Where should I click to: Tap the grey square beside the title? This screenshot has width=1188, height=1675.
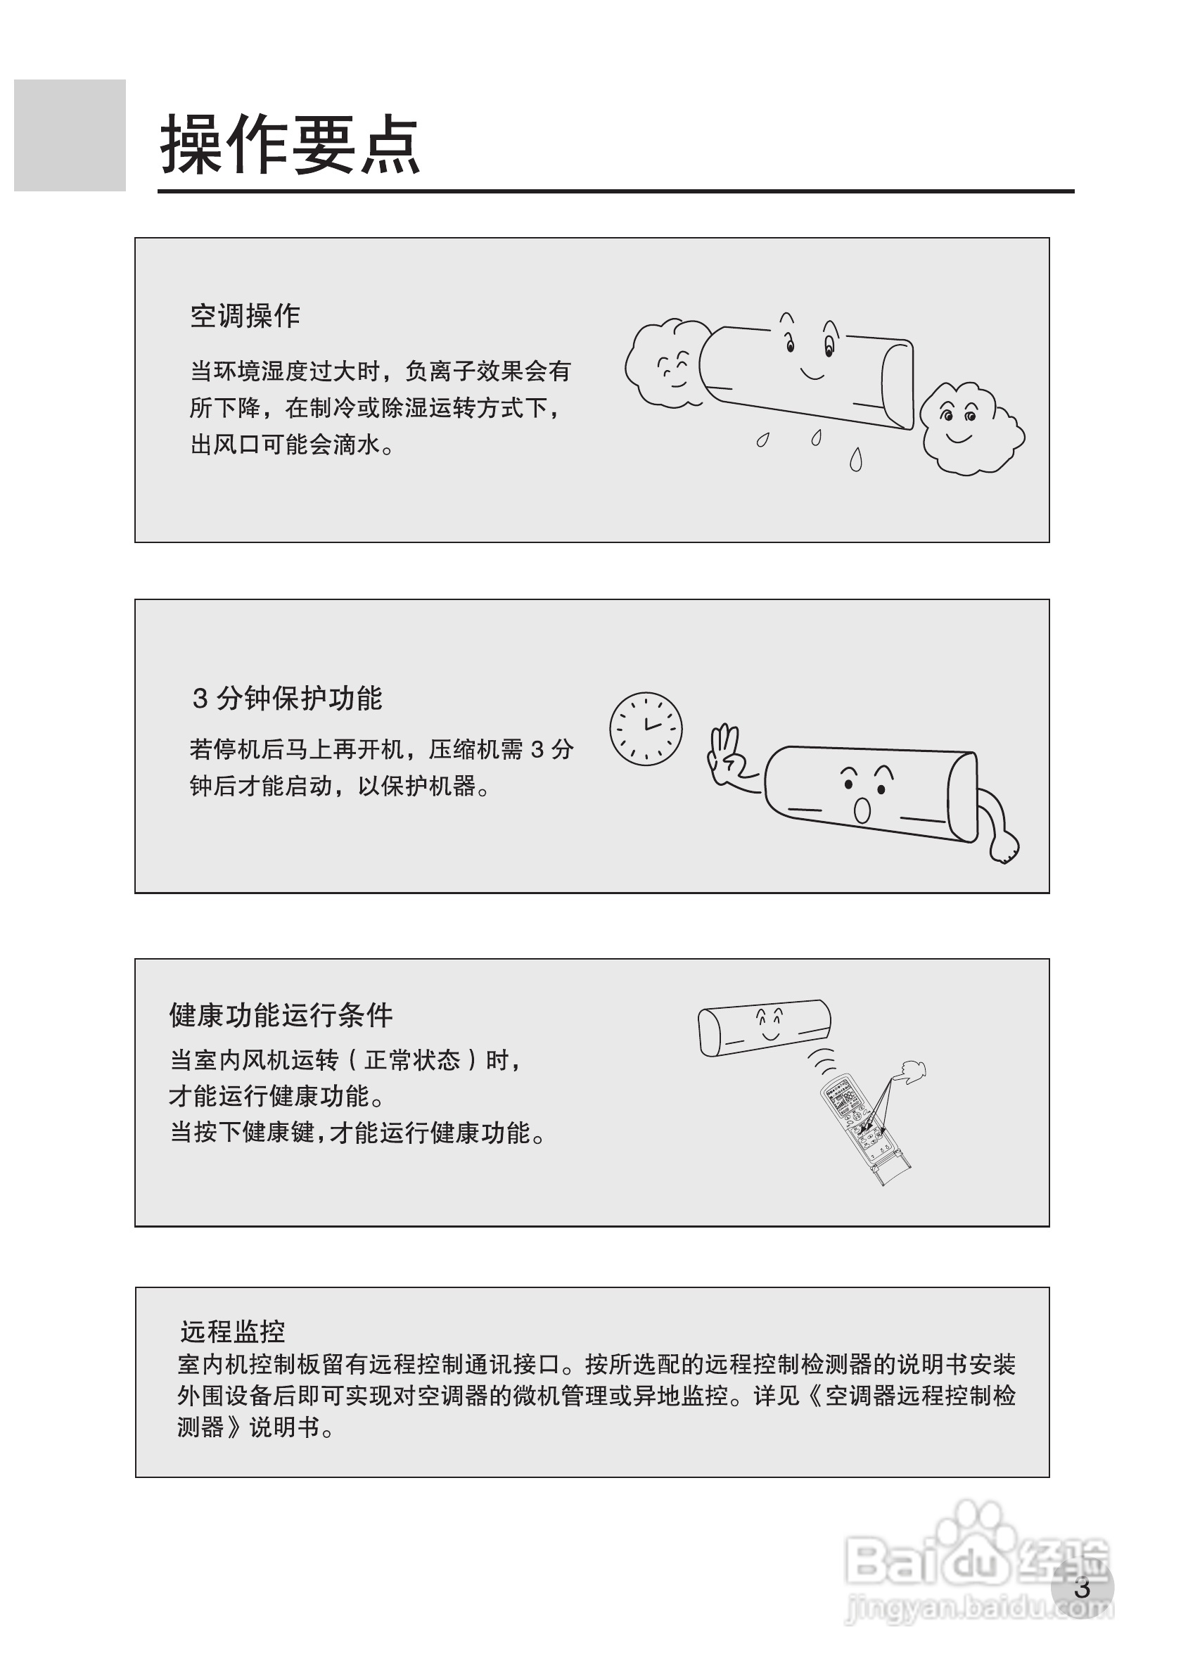click(70, 135)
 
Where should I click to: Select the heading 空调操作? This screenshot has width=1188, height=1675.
click(245, 316)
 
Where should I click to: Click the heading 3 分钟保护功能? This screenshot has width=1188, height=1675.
click(287, 698)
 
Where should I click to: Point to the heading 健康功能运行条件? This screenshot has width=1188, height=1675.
click(281, 1014)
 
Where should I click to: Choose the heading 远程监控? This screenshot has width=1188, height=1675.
click(232, 1330)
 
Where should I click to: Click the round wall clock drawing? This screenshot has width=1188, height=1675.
click(645, 729)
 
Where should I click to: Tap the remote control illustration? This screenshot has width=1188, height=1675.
click(863, 1126)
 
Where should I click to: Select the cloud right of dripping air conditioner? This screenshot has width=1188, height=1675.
click(967, 428)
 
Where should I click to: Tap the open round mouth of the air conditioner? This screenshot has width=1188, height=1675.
click(862, 810)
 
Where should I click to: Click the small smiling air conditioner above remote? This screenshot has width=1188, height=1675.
click(765, 1027)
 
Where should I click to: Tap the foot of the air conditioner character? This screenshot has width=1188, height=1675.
click(1004, 848)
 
